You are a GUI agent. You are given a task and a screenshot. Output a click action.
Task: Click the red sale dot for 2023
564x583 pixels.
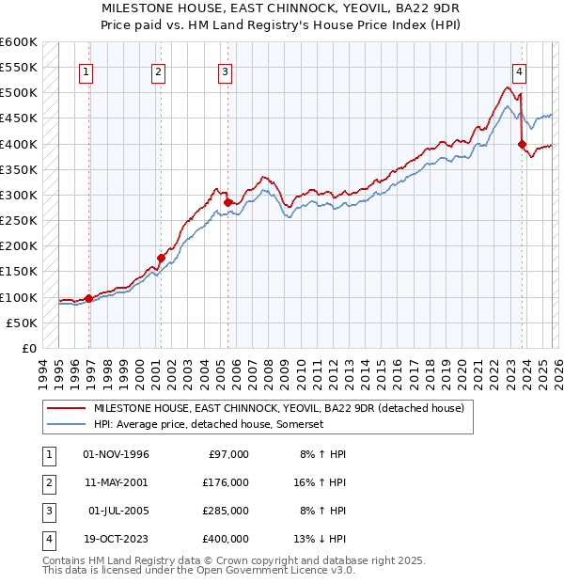tap(522, 144)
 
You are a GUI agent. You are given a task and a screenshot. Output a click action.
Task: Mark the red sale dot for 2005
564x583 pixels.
tap(227, 202)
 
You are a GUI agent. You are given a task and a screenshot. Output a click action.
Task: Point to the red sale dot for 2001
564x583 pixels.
tap(161, 258)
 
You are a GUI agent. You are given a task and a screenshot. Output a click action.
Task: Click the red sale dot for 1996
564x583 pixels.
tap(88, 298)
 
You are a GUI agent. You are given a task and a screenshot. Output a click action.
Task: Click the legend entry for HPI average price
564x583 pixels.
tap(208, 425)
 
